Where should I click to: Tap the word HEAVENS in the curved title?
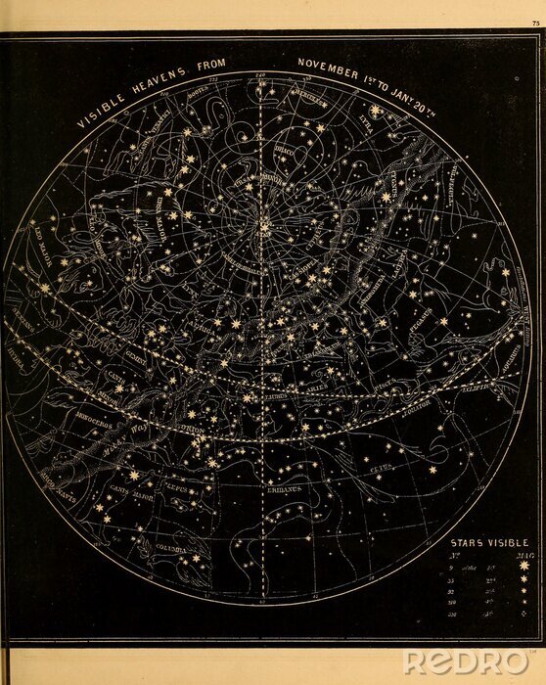point(157,85)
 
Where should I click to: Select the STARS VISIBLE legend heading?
point(488,541)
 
